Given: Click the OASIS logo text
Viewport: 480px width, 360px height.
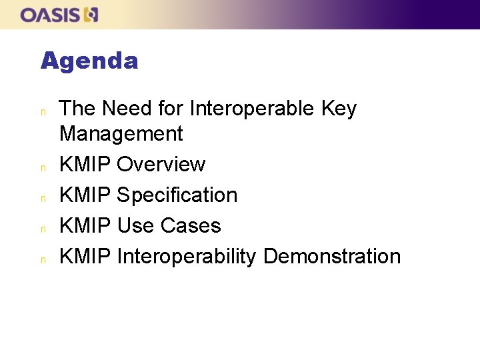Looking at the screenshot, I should point(51,15).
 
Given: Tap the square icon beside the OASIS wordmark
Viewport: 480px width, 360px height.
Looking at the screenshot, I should point(91,15).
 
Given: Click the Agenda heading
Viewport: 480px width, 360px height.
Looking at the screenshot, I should point(89,61).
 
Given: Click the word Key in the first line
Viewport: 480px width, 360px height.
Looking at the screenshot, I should point(339,109).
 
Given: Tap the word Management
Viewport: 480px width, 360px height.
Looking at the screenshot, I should point(121,134).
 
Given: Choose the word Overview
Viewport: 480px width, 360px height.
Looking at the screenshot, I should point(161,165).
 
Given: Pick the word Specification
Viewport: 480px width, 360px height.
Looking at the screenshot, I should point(177,195).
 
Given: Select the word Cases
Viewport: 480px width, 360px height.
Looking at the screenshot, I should point(191,226).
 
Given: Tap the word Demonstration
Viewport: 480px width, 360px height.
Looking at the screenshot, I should point(332,257).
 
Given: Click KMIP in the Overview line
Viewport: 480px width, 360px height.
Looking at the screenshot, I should point(85,165).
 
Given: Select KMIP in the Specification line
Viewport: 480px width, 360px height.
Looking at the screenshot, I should point(85,195).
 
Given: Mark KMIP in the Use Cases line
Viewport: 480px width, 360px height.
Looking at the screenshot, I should point(85,226).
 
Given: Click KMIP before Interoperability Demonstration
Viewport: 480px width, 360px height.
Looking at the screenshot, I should point(85,257).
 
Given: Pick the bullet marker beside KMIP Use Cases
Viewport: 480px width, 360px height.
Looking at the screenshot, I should point(43,228).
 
